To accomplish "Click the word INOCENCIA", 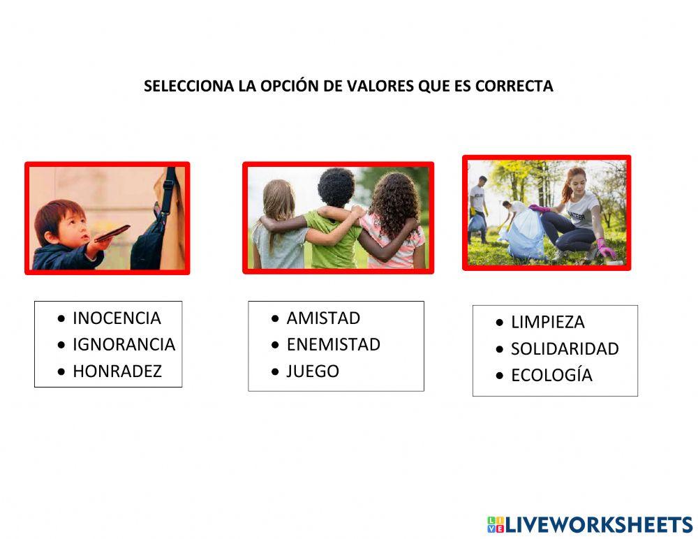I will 117,318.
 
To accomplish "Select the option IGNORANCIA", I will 124,345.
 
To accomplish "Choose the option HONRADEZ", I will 117,371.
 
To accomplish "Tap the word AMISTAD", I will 323,318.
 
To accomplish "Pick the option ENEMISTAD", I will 333,345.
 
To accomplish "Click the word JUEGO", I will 313,371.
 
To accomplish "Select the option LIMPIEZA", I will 547,323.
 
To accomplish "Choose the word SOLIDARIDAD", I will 564,349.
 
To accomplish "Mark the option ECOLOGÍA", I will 551,376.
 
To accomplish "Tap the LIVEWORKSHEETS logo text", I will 598,525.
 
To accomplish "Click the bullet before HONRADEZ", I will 62,372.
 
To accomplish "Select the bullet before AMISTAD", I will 276,319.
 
